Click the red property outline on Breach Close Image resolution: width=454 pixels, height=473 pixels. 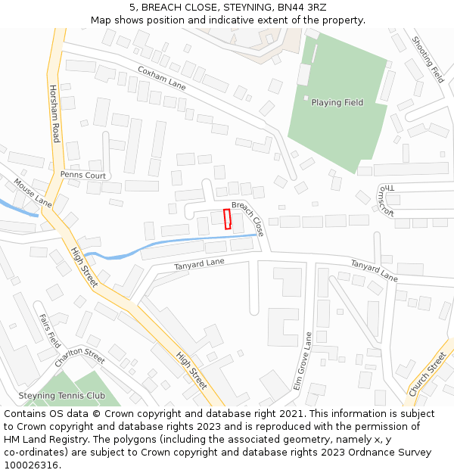[227, 219]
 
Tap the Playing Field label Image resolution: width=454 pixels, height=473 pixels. [337, 103]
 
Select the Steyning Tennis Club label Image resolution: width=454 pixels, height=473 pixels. [62, 396]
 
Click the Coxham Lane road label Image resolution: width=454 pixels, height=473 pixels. [161, 76]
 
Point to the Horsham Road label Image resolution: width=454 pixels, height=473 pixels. [54, 114]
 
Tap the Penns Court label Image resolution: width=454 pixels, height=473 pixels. [84, 175]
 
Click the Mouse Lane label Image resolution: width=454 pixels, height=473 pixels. [33, 193]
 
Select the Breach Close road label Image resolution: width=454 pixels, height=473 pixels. [248, 218]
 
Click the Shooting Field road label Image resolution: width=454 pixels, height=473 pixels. [428, 59]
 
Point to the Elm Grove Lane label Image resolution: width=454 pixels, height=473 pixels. [302, 361]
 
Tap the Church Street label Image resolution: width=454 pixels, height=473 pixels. [427, 374]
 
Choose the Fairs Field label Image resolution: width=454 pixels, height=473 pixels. [49, 331]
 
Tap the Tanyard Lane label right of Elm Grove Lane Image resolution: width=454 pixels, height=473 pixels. [374, 270]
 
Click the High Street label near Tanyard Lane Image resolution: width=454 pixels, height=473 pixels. [83, 267]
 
